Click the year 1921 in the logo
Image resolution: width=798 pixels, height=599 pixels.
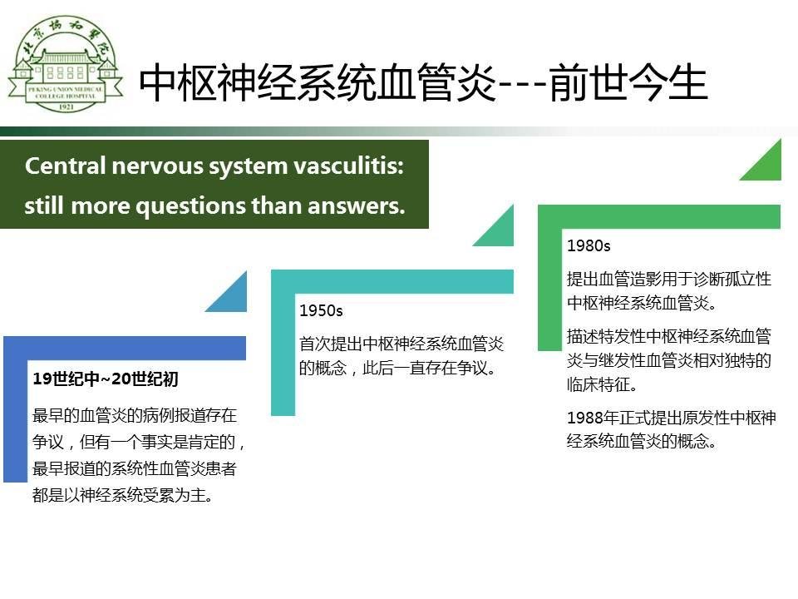point(66,106)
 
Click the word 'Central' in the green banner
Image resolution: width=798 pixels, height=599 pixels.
point(65,166)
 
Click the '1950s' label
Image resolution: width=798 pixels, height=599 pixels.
point(321,310)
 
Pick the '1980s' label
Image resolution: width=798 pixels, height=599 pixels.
point(589,246)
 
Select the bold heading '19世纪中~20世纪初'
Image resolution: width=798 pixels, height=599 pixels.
point(106,379)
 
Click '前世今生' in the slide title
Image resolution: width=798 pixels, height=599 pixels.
point(629,82)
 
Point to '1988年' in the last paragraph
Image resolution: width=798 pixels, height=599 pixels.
point(593,418)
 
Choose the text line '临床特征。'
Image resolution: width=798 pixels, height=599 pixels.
point(602,384)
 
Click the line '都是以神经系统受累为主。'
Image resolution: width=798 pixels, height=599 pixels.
point(123,494)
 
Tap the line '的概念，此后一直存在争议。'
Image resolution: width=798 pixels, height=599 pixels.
point(397,368)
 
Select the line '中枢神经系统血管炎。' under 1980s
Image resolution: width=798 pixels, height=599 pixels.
point(642,303)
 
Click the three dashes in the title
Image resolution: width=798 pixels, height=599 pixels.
point(523,85)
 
